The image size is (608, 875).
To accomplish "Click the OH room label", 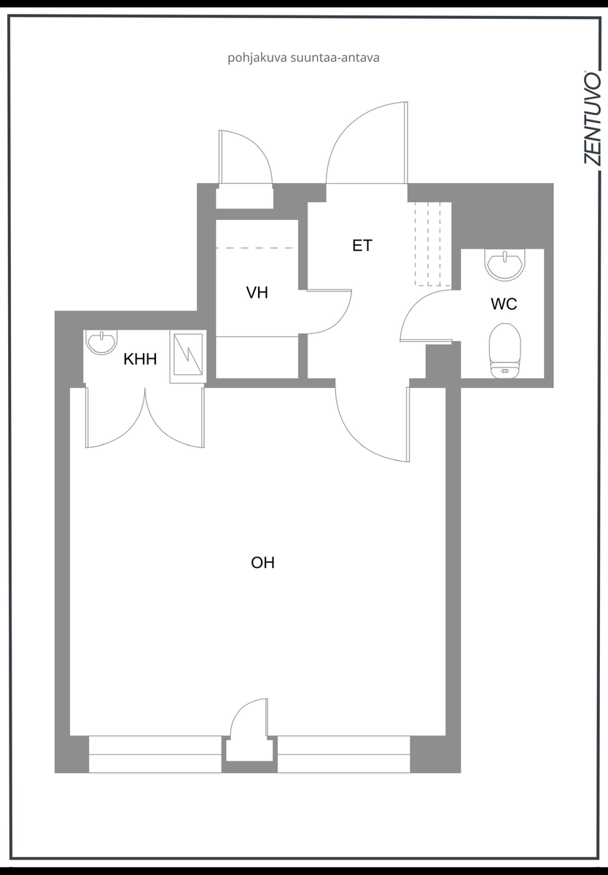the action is [x=262, y=563].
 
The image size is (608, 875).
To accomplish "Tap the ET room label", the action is [x=362, y=245].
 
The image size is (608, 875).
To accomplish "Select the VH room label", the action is [x=257, y=292].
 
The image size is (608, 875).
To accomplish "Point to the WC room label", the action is [x=504, y=304].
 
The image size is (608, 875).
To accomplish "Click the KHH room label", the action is [x=140, y=359].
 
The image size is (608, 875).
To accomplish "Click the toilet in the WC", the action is [x=504, y=351].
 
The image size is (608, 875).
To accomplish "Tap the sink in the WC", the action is [x=504, y=264].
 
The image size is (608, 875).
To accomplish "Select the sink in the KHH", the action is [x=101, y=342].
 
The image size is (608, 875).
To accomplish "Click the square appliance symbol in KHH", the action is [x=188, y=357].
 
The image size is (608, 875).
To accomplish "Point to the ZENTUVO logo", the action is [x=592, y=118].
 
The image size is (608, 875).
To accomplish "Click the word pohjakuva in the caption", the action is [x=257, y=58].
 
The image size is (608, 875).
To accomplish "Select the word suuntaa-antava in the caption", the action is [x=335, y=58].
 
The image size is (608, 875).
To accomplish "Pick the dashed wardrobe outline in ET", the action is [x=433, y=244].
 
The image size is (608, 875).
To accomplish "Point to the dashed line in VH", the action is [x=254, y=248].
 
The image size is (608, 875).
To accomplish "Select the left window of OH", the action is [x=155, y=754].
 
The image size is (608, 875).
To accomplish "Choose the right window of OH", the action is [x=343, y=754].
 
